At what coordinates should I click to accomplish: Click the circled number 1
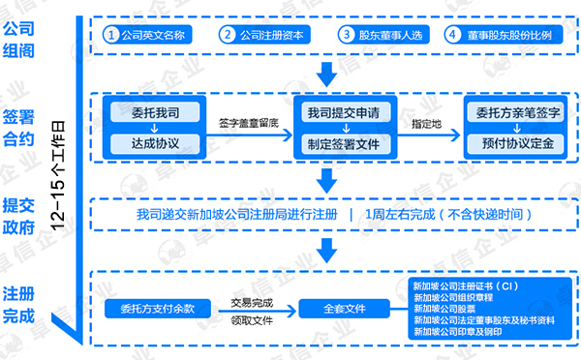pyautogui.click(x=113, y=35)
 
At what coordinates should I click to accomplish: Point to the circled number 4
pyautogui.click(x=451, y=35)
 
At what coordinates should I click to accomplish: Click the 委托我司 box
pyautogui.click(x=155, y=113)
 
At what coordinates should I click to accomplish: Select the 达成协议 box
pyautogui.click(x=155, y=145)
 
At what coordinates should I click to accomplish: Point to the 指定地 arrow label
pyautogui.click(x=426, y=123)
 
